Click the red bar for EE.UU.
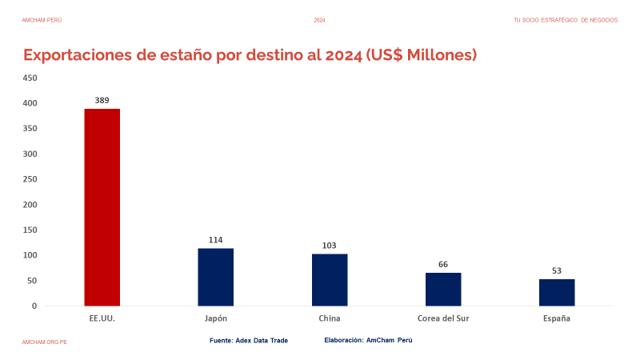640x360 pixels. (102, 207)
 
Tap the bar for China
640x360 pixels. (330, 280)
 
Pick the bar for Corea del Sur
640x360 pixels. (443, 289)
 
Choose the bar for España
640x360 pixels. (557, 292)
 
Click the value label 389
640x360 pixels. (102, 101)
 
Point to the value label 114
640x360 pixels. (216, 240)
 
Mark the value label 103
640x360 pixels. (330, 246)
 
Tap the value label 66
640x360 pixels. (443, 265)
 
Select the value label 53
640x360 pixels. (557, 271)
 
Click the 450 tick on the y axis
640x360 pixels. (30, 78)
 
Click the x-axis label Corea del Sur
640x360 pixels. (443, 318)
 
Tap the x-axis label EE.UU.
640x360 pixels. (102, 318)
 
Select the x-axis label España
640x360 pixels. (557, 318)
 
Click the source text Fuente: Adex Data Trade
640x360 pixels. (249, 341)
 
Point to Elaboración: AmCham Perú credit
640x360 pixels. (368, 341)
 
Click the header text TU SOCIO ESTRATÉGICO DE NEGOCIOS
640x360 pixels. (566, 20)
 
